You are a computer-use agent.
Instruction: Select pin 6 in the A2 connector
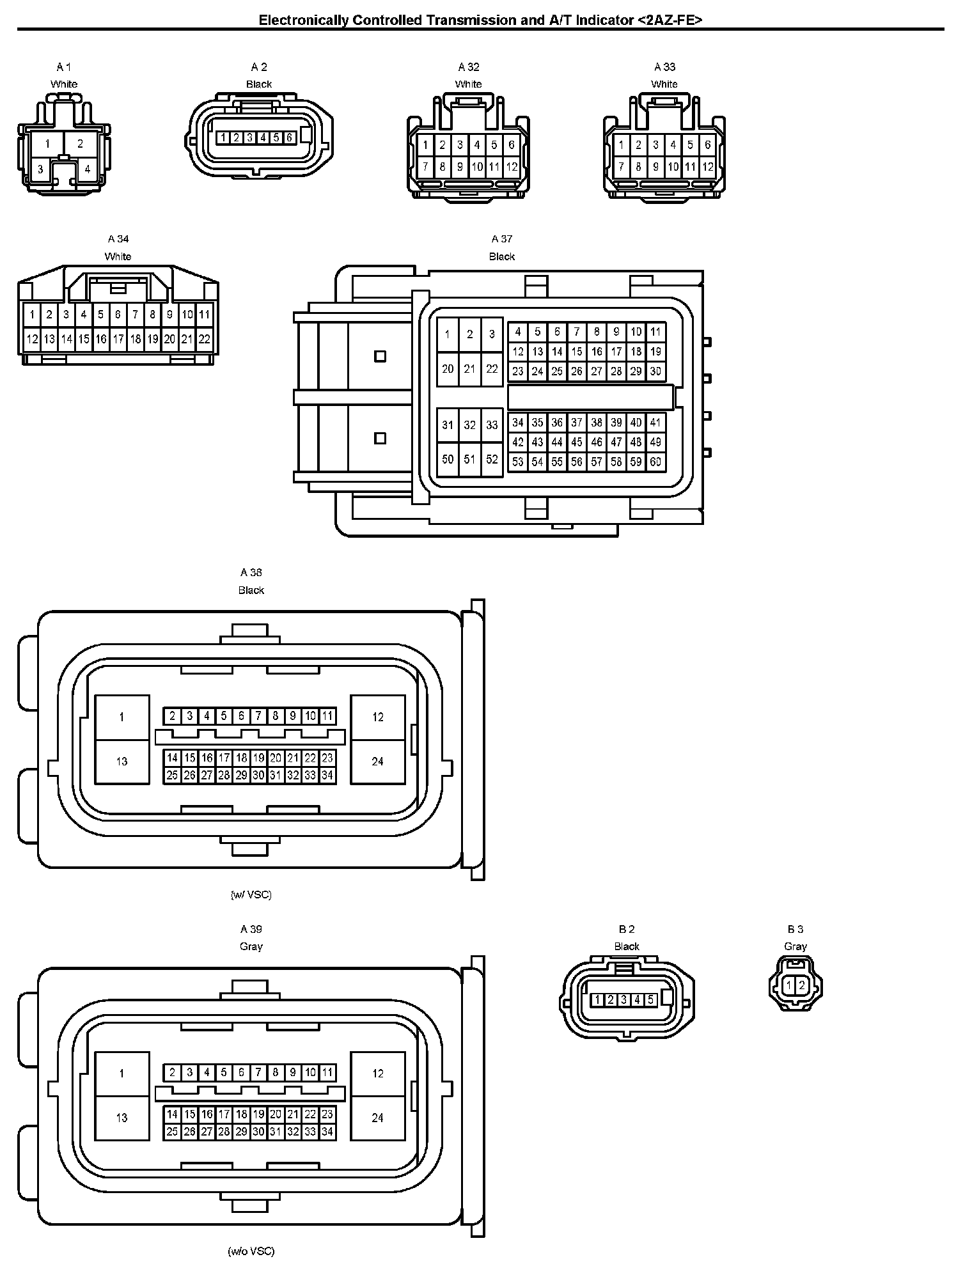[x=289, y=137]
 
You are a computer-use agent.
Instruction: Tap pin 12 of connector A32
[x=512, y=168]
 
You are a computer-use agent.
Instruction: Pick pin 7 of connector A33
[x=621, y=168]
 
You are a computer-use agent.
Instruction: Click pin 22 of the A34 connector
[x=204, y=340]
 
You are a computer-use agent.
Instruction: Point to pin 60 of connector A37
[x=655, y=462]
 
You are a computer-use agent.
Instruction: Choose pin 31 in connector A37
[x=448, y=425]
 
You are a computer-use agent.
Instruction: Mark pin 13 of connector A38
[x=121, y=762]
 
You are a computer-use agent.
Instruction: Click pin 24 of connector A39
[x=377, y=1118]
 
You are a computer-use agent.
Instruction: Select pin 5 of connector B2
[x=650, y=999]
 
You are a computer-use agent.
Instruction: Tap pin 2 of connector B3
[x=801, y=985]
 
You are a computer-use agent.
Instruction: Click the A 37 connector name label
[x=502, y=239]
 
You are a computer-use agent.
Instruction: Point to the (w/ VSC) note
[x=251, y=895]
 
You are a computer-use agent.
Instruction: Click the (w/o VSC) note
[x=251, y=1251]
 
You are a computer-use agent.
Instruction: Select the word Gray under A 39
[x=251, y=946]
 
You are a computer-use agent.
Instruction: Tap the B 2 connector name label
[x=627, y=929]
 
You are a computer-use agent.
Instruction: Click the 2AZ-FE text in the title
[x=670, y=20]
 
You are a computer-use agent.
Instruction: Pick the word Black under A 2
[x=259, y=84]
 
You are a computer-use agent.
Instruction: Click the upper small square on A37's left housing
[x=380, y=356]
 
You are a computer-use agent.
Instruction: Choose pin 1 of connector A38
[x=121, y=717]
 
